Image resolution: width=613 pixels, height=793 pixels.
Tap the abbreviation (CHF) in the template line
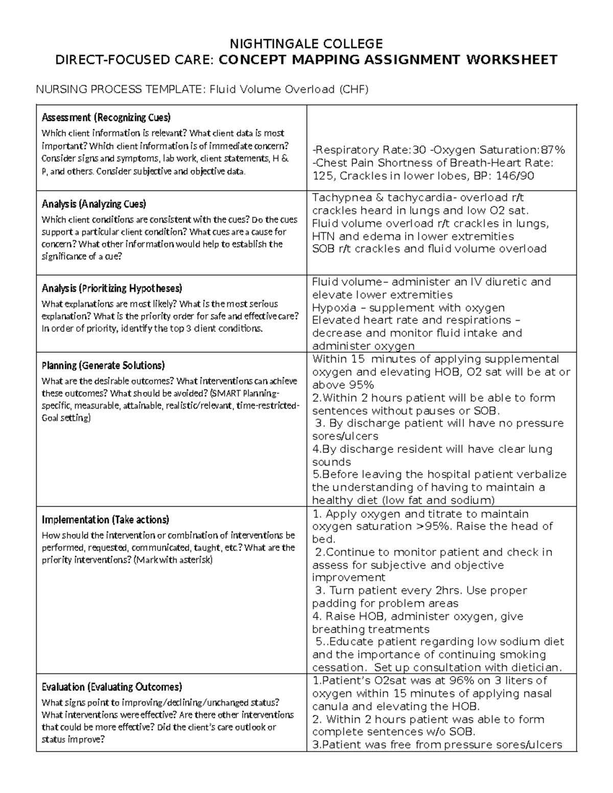(353, 90)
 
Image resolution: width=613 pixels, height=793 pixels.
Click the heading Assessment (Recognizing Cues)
(106, 117)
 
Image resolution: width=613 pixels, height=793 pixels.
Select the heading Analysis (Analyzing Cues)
(93, 204)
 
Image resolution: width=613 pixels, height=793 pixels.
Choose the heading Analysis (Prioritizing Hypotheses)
(112, 288)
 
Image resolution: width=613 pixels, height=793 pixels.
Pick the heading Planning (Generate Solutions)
(103, 365)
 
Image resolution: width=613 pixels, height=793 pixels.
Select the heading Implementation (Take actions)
(105, 520)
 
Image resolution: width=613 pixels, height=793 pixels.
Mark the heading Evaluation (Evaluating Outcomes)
(112, 687)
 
